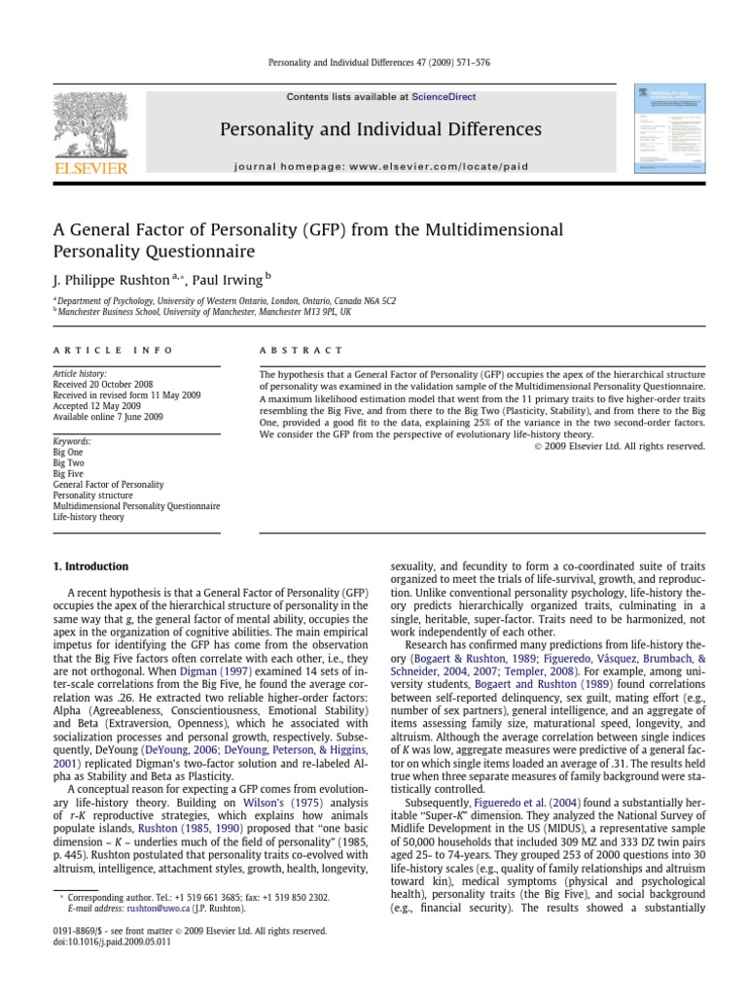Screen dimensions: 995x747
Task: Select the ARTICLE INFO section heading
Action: tap(113, 350)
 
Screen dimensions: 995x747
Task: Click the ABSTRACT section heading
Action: tap(301, 350)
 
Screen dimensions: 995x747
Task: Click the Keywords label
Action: tap(72, 441)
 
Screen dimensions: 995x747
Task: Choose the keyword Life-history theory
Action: tap(89, 518)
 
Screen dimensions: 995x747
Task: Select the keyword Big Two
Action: tap(68, 463)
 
